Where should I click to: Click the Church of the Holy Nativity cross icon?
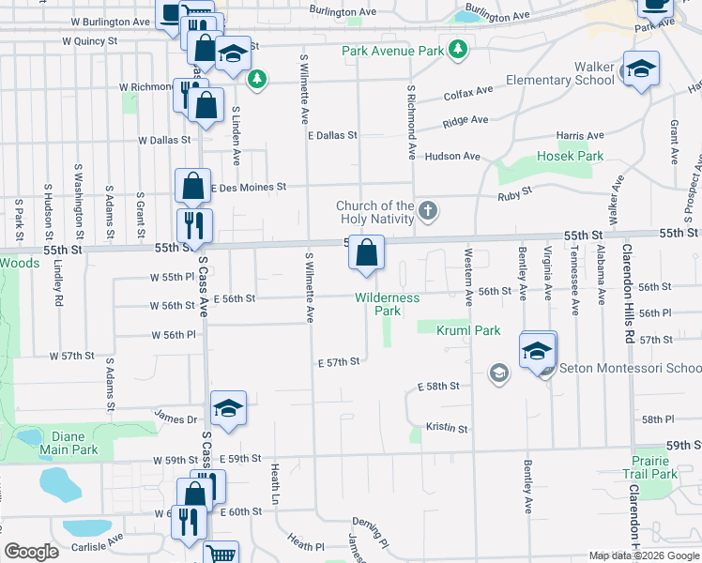point(428,210)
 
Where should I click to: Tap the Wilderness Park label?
point(388,304)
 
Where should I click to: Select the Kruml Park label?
point(468,330)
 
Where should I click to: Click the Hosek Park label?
point(570,156)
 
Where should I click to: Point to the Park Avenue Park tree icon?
point(457,49)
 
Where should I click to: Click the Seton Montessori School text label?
point(630,368)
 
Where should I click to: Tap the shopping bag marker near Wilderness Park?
point(367,251)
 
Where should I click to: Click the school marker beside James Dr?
point(228,408)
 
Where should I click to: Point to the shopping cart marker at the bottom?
point(221,554)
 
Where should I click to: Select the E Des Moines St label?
point(248,188)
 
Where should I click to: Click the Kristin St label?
point(447,428)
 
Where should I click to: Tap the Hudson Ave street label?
point(452,157)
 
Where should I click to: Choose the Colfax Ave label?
point(468,92)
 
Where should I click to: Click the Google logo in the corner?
point(32,552)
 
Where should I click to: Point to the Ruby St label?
point(515,190)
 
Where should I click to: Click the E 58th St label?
point(438,386)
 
